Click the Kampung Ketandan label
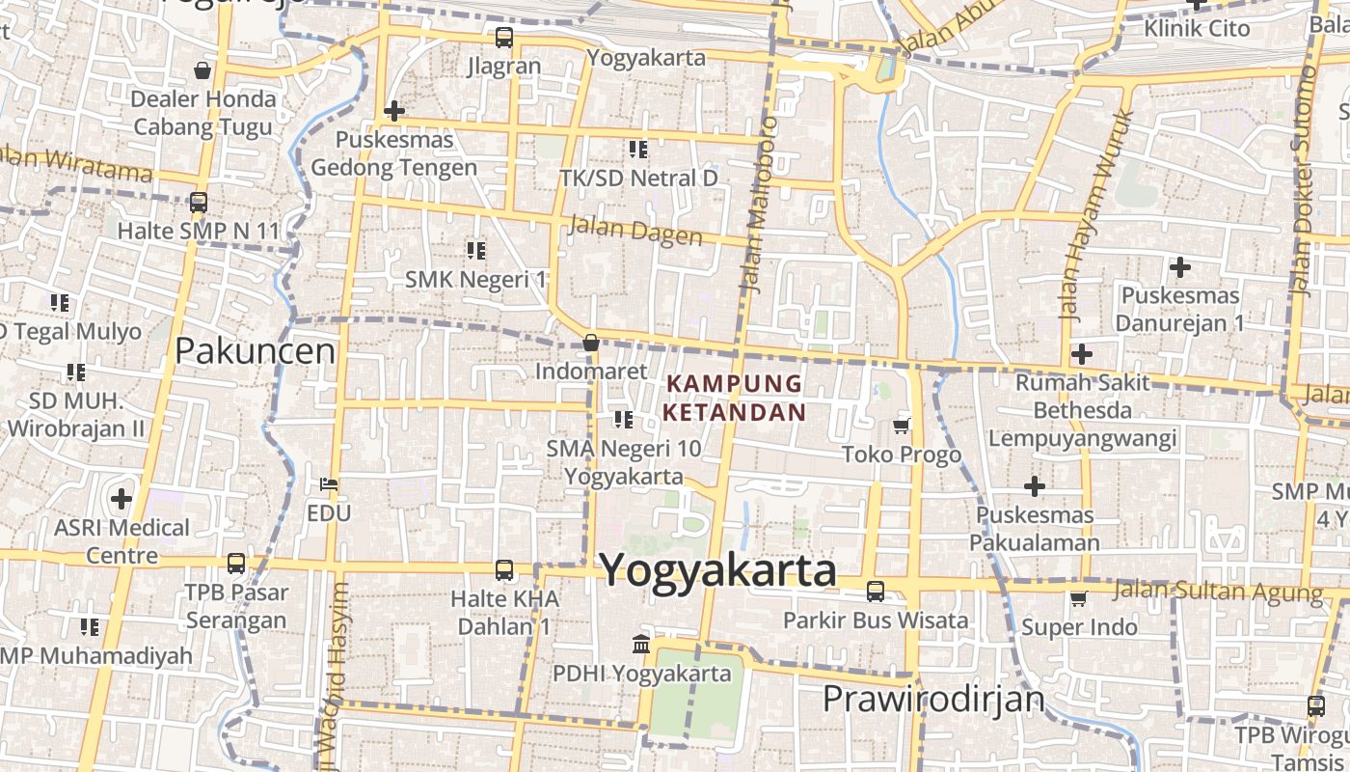point(735,398)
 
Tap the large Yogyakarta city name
point(718,569)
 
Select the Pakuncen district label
point(255,351)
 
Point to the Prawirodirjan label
point(933,698)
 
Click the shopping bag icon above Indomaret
point(591,343)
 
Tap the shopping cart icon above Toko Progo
point(902,426)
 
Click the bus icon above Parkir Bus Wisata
point(876,591)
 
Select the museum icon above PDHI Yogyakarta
point(640,644)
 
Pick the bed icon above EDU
point(329,483)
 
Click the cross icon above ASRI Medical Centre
point(121,499)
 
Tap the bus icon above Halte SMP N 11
point(199,203)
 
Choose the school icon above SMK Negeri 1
point(475,251)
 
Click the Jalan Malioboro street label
point(760,205)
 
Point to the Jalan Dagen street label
point(635,230)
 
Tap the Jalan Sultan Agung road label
point(1217,590)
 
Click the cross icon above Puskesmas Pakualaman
point(1035,485)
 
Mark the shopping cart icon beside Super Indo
point(1079,599)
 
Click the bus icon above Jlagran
point(503,38)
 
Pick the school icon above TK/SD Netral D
point(638,150)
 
